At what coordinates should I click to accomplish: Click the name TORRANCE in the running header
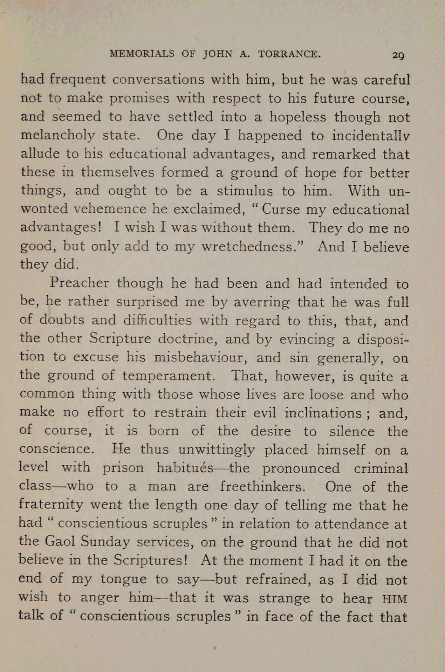pos(289,54)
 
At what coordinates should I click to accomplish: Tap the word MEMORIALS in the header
pos(142,54)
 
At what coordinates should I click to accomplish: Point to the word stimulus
pos(245,191)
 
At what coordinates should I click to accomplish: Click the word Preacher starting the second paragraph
pos(79,283)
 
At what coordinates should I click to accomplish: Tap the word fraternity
pos(51,505)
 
